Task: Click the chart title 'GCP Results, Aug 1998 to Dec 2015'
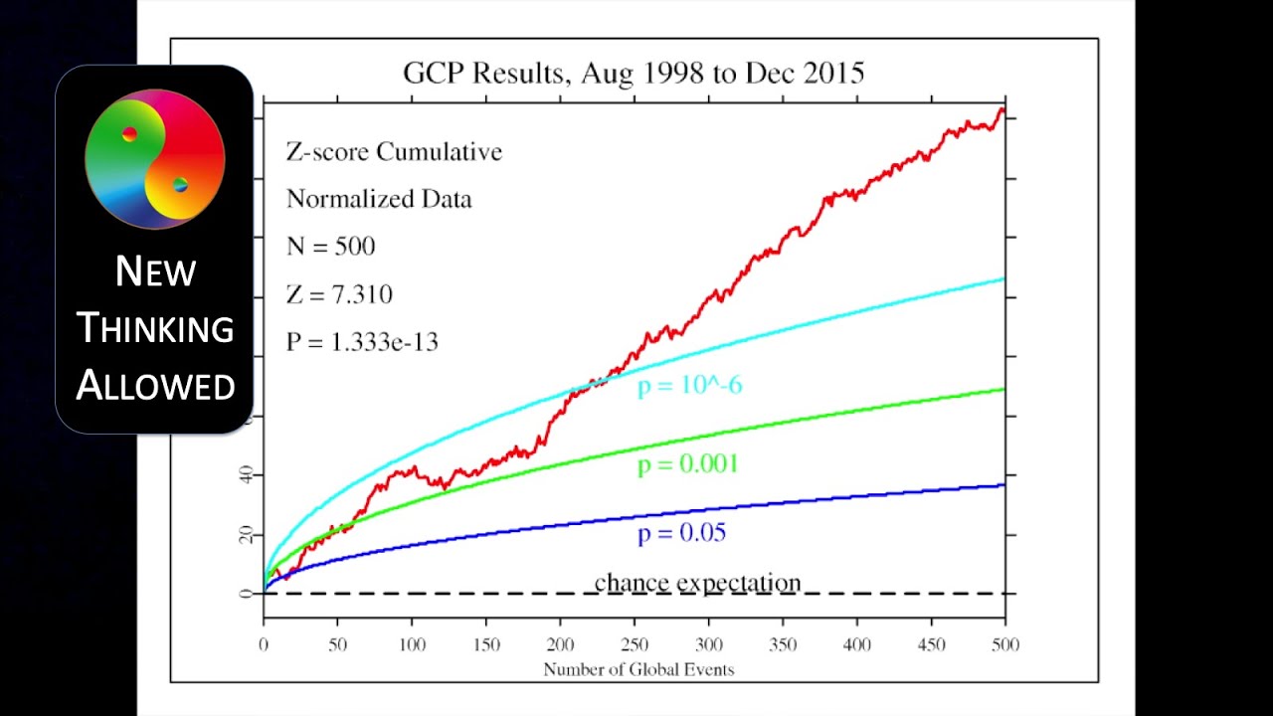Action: [x=634, y=73]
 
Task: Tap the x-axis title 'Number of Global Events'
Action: [x=638, y=669]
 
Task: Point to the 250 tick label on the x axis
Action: [x=635, y=645]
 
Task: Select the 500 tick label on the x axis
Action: [x=1005, y=645]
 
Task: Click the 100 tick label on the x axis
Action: [x=412, y=645]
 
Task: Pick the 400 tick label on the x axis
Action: [x=857, y=645]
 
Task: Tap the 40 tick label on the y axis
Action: [x=246, y=475]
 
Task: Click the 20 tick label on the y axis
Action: [x=246, y=535]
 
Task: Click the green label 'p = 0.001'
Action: [x=688, y=464]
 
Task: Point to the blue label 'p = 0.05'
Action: [x=682, y=533]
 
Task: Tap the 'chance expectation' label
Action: [x=697, y=583]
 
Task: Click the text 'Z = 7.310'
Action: [x=339, y=294]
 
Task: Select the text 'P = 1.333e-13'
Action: [x=362, y=342]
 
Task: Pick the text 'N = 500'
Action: [x=331, y=247]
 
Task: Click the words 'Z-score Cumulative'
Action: [x=394, y=152]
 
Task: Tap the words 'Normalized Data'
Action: [x=379, y=199]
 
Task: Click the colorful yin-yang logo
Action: [x=155, y=159]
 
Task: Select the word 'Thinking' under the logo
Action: [x=155, y=328]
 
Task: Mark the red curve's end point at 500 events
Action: [x=1002, y=110]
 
